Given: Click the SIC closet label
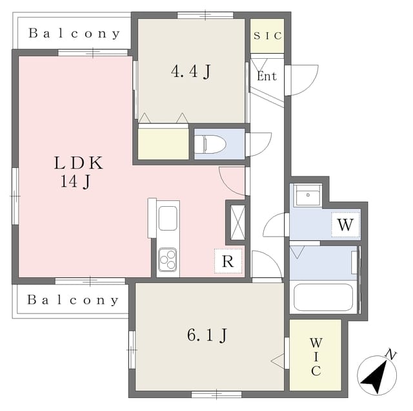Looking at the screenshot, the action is (x=267, y=36).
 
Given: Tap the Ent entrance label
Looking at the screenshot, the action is (x=267, y=76).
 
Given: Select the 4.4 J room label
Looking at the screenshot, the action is (x=191, y=71).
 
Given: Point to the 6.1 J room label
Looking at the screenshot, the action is (x=207, y=335).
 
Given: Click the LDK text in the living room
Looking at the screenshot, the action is (x=79, y=163).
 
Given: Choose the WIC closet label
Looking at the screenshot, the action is (x=316, y=356).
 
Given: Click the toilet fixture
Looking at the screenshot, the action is (x=210, y=144).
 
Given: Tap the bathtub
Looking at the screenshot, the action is (x=323, y=297).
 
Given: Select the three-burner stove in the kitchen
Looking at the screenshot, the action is (x=168, y=260).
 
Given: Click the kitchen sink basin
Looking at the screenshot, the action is (x=168, y=218).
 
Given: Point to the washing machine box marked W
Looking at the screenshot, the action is (x=346, y=224).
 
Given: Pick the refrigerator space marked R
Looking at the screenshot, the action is (x=228, y=261).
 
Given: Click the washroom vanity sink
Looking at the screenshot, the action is (x=308, y=195).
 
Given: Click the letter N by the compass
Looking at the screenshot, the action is (x=391, y=355).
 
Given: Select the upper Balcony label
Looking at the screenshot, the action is (x=74, y=34).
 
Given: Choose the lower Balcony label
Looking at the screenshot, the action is (x=73, y=300).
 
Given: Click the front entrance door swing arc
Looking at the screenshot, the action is (x=303, y=80).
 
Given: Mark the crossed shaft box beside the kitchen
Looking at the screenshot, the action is (x=237, y=222).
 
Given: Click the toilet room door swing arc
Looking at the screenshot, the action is (x=259, y=144).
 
